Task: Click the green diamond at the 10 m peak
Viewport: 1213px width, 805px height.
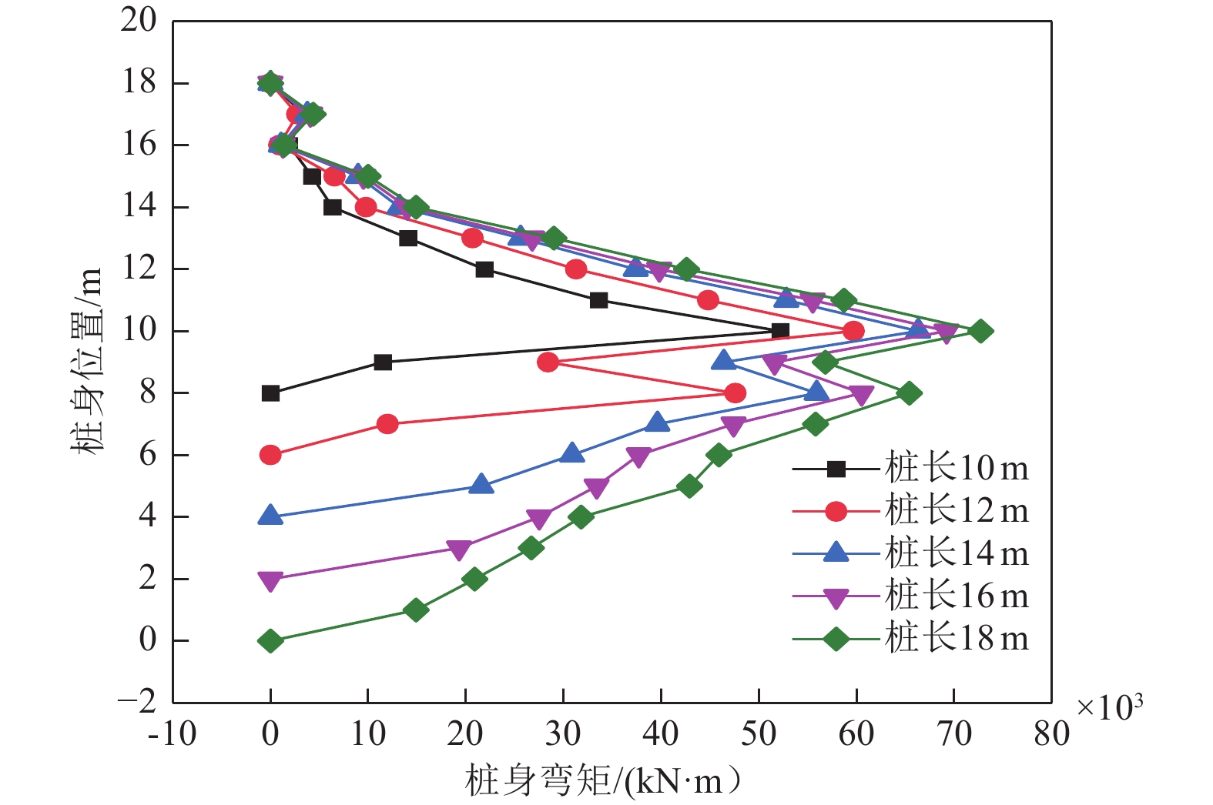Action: pos(980,331)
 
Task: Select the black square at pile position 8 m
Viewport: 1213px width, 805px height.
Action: pos(270,393)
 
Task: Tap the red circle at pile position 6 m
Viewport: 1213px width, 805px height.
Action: pos(270,455)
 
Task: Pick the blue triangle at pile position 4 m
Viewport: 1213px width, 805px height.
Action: pos(270,516)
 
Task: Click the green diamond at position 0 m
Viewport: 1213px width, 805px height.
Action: pos(270,640)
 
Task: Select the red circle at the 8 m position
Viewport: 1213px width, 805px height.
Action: pos(736,393)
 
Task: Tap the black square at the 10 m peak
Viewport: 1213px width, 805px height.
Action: pos(780,331)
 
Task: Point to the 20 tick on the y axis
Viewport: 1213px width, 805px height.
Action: pos(139,21)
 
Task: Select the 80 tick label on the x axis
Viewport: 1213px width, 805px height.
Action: pos(1051,734)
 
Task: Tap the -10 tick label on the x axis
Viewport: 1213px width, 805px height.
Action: pos(172,734)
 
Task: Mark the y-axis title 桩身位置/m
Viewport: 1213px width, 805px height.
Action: pos(87,362)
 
